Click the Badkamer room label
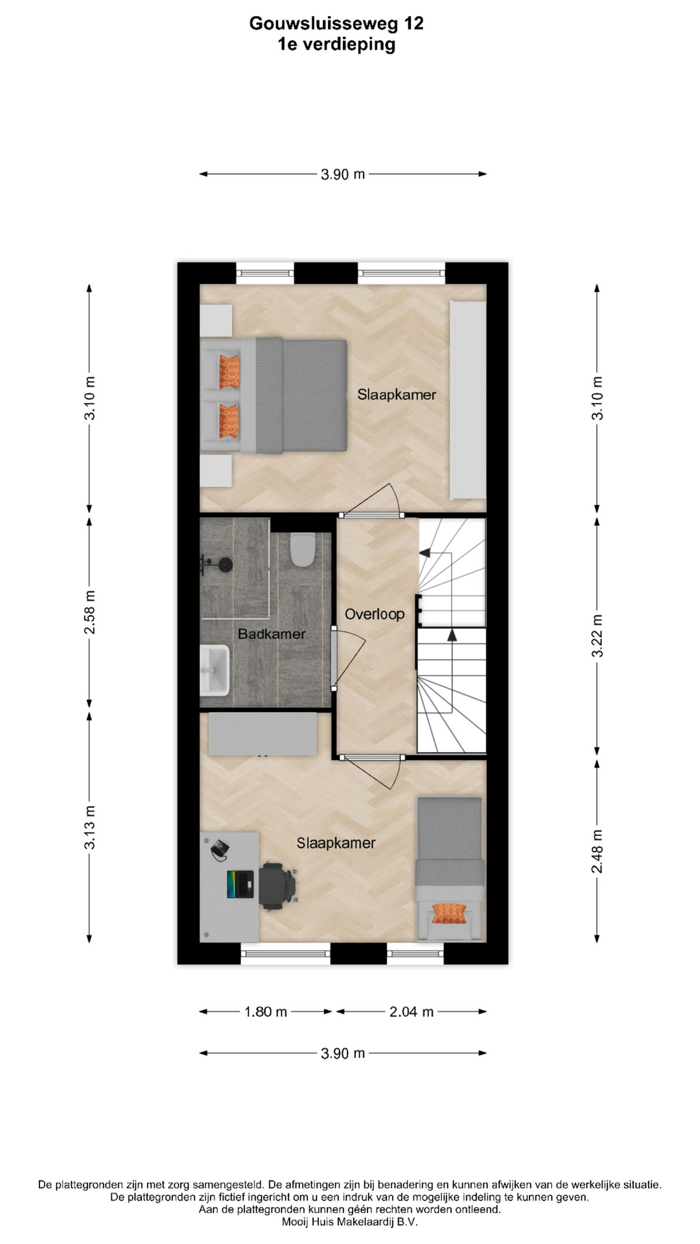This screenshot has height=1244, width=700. [272, 634]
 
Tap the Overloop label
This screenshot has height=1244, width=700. [375, 614]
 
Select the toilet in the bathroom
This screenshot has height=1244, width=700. [303, 549]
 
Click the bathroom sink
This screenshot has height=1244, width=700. [215, 670]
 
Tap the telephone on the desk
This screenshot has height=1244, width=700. [219, 849]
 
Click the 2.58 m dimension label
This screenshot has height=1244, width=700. [89, 612]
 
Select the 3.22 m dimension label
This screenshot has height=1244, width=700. [597, 636]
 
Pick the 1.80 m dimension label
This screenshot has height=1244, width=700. [266, 1011]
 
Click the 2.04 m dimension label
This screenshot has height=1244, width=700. [412, 1011]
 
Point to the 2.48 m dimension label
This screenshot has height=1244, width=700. [597, 851]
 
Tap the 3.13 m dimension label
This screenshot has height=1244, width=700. [89, 827]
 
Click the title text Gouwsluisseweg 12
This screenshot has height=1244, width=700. [336, 23]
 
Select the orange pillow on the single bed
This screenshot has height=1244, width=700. [449, 914]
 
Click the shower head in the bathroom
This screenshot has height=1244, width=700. [225, 565]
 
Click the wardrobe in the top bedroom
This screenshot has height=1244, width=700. [468, 400]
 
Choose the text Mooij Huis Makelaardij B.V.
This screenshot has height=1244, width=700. [350, 1222]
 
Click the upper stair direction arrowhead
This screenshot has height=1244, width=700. [425, 553]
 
